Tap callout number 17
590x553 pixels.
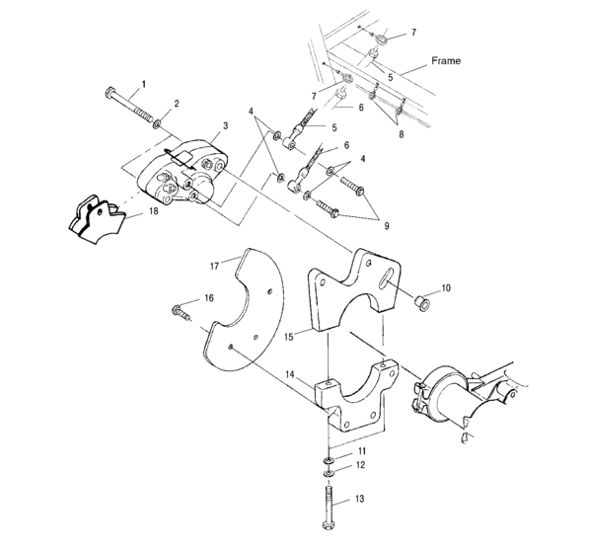(213, 265)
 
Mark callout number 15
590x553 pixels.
(289, 337)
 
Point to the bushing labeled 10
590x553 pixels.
(420, 301)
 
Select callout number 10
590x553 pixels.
(446, 288)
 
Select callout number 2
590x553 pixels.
(177, 103)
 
